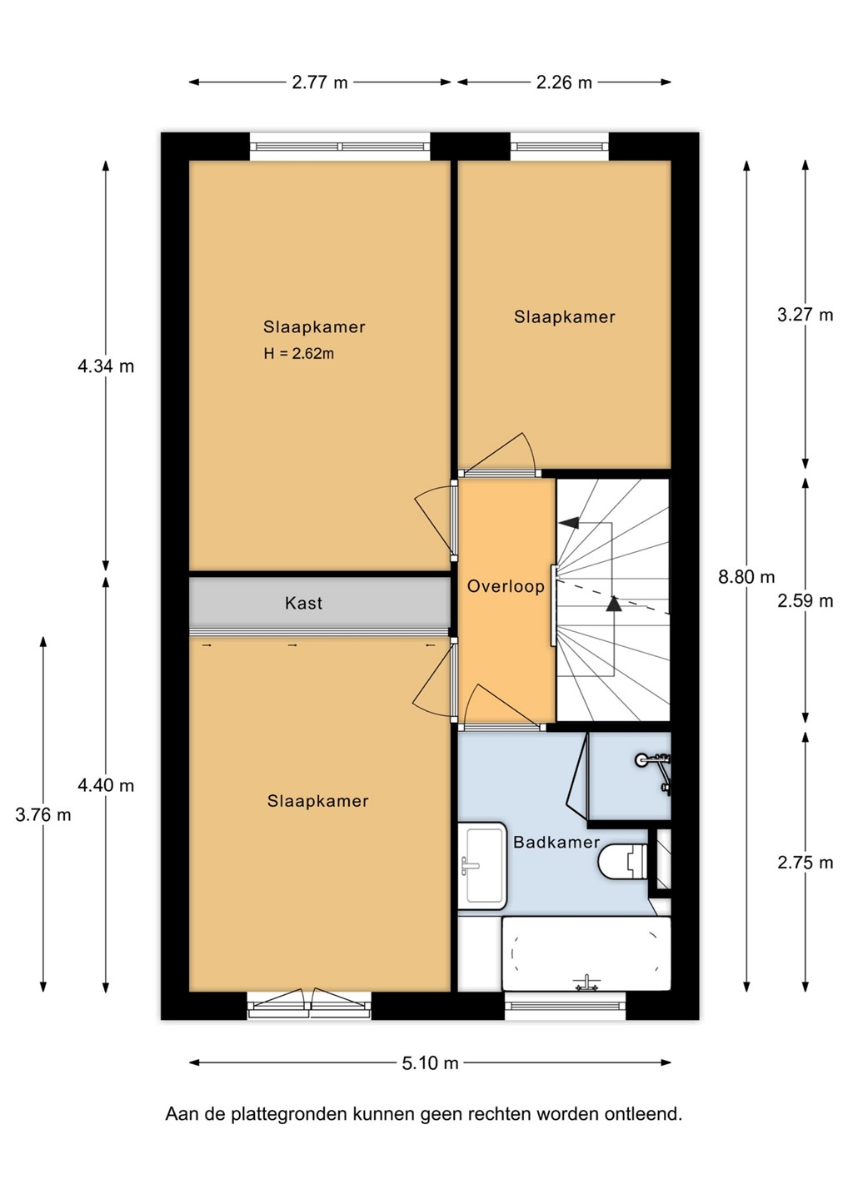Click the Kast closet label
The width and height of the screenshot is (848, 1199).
coord(303,603)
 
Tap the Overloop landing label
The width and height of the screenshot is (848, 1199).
coord(506,586)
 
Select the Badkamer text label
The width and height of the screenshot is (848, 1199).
coord(556,842)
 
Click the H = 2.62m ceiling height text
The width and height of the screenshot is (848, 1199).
coord(299,353)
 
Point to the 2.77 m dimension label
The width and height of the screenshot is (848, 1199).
coord(320,82)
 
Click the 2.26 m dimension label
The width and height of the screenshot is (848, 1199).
coord(564,82)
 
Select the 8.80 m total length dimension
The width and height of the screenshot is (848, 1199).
coord(746,577)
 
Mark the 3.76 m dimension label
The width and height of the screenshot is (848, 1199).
coord(42,814)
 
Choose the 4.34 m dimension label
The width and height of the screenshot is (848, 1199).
coord(106,366)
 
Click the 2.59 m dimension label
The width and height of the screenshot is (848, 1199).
coord(806,601)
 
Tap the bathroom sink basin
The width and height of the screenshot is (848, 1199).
coord(482,866)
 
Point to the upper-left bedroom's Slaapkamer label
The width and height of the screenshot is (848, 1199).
coord(314,327)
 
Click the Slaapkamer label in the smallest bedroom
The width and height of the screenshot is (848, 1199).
coord(565,317)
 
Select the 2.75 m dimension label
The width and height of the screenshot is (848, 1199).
coord(806,863)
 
